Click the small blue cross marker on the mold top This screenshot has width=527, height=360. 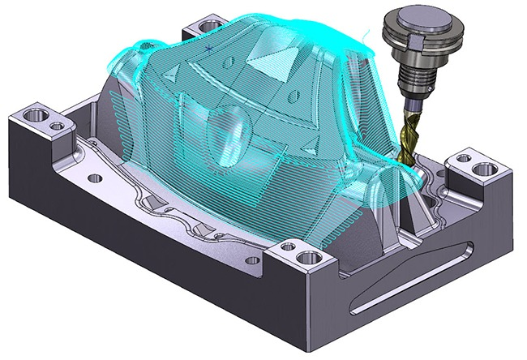pos(209,49)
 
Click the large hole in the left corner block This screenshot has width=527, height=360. pos(36,114)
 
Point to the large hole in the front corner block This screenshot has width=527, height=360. pos(307,259)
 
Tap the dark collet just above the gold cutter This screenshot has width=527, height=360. pos(408,102)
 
